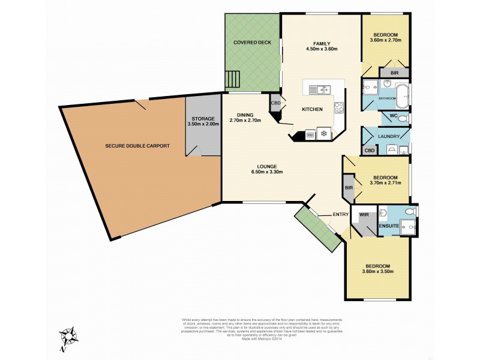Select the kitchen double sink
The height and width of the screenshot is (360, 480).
[317, 90]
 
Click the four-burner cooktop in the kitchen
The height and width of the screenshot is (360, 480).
[338, 109]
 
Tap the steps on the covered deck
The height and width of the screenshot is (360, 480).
[232, 79]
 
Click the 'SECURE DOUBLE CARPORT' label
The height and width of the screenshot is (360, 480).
[137, 146]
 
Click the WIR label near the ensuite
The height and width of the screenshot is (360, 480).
[363, 214]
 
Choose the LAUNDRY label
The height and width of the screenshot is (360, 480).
[389, 136]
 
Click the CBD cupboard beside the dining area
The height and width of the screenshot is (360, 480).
[276, 103]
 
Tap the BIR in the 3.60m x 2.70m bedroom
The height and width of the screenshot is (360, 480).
[394, 73]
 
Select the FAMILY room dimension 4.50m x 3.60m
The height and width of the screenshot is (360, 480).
[322, 49]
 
